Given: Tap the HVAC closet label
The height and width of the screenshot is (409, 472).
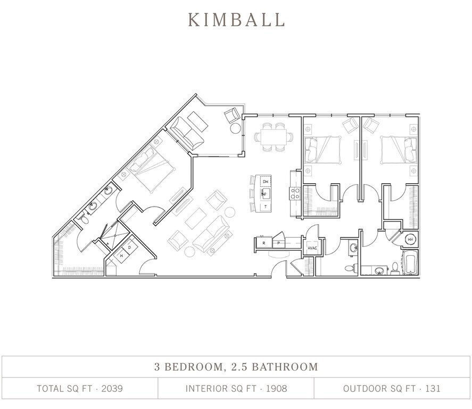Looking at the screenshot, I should pos(312,248).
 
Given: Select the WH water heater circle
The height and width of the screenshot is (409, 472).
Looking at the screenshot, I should pos(410,240).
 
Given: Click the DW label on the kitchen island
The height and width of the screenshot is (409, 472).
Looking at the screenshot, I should pos(265,182).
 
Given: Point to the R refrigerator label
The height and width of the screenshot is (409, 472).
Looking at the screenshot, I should pos(263,243).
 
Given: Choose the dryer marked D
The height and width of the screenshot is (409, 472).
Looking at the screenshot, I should pos(129,247).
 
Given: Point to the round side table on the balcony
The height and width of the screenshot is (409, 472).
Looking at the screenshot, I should pos(236,128).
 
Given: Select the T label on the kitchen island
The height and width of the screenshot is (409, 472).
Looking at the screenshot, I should pos(265,206).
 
